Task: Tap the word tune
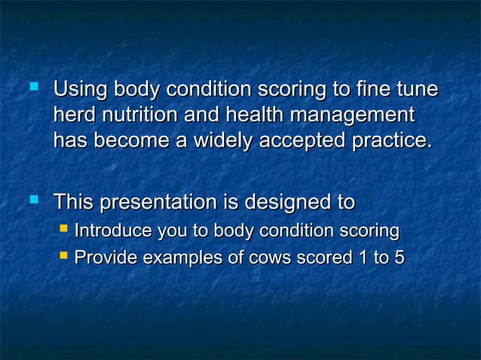[x=415, y=90]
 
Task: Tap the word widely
[x=221, y=141]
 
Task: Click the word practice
[x=395, y=141]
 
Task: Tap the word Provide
[x=106, y=258]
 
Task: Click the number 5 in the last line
[x=398, y=258]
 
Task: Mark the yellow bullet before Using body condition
[x=32, y=88]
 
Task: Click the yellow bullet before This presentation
[x=32, y=200]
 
